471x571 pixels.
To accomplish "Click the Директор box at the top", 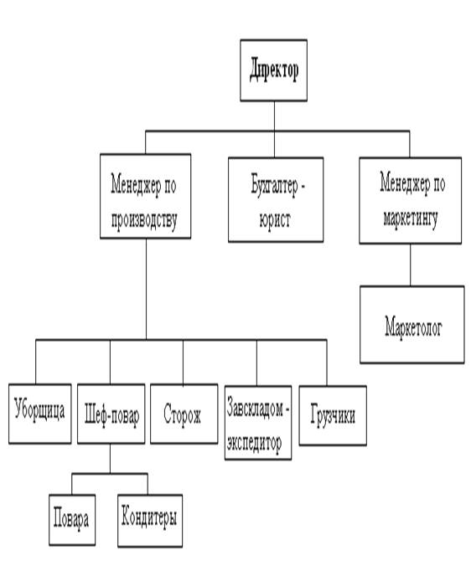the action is (x=273, y=70).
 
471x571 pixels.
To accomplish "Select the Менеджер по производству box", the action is (x=146, y=196).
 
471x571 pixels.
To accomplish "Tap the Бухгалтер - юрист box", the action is (x=276, y=199).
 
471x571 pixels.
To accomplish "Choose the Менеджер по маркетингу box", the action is (x=410, y=201).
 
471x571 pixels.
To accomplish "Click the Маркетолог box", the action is (x=412, y=325).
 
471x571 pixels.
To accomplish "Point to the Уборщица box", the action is (x=39, y=414).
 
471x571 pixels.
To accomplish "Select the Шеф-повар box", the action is (x=111, y=414).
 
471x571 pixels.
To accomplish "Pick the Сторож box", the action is (x=184, y=414).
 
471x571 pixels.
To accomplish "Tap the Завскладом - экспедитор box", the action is (x=258, y=423).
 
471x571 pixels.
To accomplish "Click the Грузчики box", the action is (x=333, y=415).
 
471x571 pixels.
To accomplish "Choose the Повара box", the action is (x=72, y=520).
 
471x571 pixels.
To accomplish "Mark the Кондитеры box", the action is (x=150, y=521).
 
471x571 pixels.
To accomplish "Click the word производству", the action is (x=144, y=220).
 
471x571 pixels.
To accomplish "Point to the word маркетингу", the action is (x=411, y=219).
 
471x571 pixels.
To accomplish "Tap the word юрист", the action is (x=275, y=219).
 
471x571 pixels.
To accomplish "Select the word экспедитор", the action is (x=254, y=443).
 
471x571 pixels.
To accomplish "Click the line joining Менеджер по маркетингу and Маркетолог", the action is (x=410, y=265).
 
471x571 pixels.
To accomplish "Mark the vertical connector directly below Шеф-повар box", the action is (x=110, y=459).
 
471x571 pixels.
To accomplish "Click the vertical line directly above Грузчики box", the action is (x=327, y=363).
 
